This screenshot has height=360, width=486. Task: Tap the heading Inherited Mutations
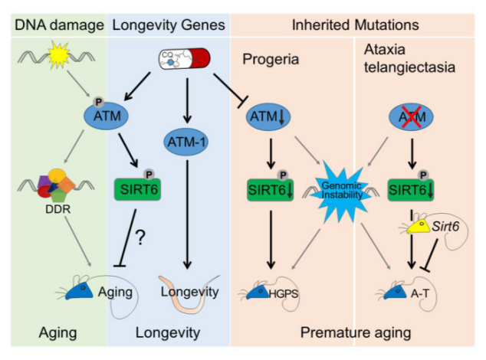(x=356, y=25)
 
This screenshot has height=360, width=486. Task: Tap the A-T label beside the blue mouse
(x=420, y=295)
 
